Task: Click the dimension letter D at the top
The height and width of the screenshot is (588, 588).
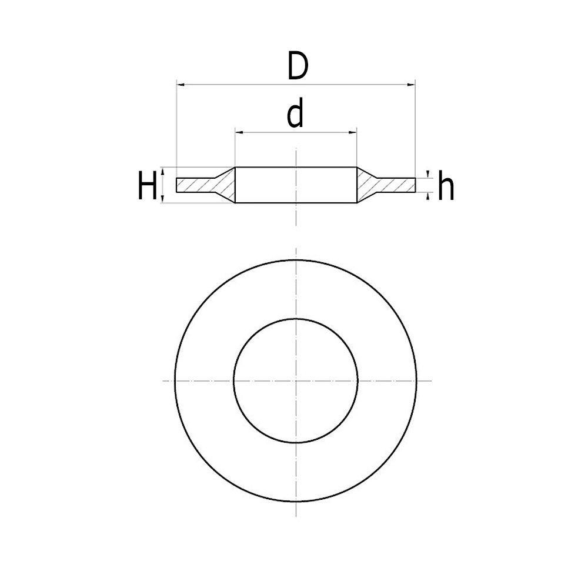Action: [298, 68]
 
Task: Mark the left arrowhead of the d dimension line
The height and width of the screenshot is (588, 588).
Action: [239, 133]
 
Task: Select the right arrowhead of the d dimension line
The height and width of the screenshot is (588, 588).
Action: [353, 133]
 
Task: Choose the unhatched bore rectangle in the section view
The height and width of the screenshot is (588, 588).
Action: [296, 186]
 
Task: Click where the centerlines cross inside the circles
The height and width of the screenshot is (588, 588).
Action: [296, 381]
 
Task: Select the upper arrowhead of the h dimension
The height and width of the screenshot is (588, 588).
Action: [428, 175]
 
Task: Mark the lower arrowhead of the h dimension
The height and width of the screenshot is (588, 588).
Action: [428, 196]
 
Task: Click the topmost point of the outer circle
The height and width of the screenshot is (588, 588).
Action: [296, 259]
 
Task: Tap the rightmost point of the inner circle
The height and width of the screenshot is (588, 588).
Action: [358, 381]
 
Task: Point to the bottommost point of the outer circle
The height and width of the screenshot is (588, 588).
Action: [296, 502]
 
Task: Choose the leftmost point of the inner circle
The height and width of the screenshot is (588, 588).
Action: [233, 381]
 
